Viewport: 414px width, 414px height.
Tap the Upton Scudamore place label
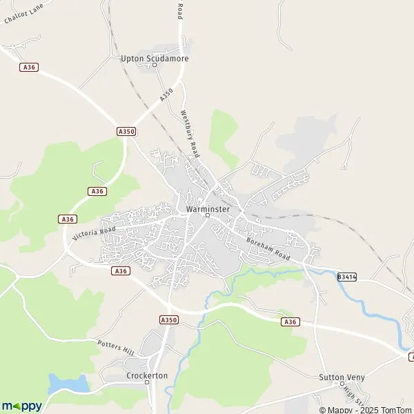[x=155, y=59]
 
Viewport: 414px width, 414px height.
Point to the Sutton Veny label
[x=342, y=377]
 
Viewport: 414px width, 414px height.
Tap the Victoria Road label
[x=94, y=228]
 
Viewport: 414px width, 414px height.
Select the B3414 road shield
[x=347, y=277]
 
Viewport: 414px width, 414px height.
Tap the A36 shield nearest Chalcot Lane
[x=29, y=67]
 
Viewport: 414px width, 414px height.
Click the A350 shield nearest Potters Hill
[x=168, y=319]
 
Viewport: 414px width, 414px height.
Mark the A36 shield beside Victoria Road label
[x=67, y=219]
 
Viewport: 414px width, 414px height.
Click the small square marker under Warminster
[x=207, y=215]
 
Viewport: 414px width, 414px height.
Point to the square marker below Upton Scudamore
[x=155, y=66]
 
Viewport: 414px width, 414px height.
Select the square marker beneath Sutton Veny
[x=342, y=385]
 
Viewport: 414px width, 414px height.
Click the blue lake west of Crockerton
[x=68, y=383]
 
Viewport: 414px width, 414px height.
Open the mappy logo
[x=21, y=406]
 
